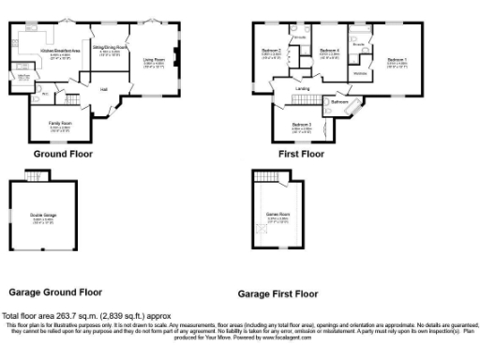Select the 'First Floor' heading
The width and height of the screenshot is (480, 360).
tap(301, 153)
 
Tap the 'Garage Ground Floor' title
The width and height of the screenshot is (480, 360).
tap(55, 292)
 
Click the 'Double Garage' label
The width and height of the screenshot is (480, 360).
tap(43, 216)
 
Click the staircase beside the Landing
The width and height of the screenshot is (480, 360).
tap(302, 100)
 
